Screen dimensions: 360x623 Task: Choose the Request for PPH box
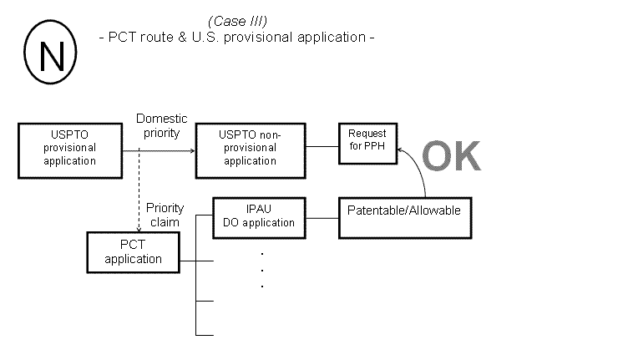point(367,139)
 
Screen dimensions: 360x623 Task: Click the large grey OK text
point(451,157)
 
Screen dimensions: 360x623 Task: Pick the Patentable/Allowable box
point(403,210)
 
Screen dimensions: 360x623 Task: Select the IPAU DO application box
point(258,216)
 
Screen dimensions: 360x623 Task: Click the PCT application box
point(134,252)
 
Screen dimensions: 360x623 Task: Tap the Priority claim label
point(165,215)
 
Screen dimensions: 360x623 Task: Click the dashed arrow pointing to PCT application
point(138,192)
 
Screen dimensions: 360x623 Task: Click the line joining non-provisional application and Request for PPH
point(322,146)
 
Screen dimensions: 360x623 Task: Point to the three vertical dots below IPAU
point(262,269)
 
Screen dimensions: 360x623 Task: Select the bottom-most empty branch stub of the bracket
point(205,335)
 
